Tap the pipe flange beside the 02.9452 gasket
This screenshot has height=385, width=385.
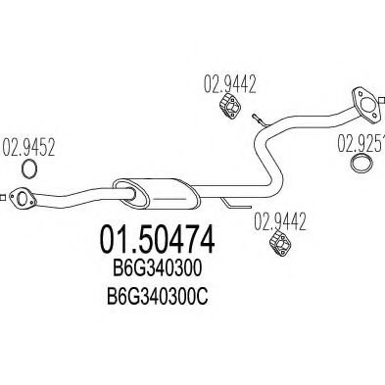point(21,200)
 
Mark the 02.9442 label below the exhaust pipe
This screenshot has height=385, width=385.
point(278,223)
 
